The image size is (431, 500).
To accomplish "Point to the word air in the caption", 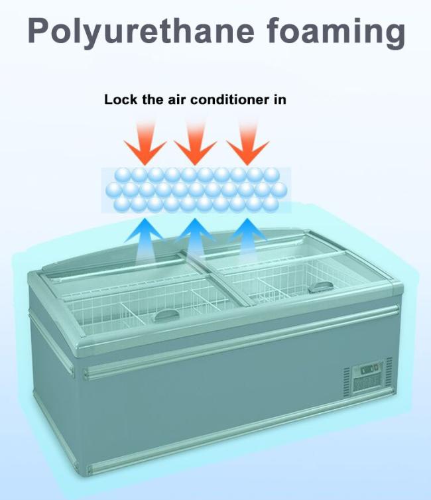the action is point(177,100).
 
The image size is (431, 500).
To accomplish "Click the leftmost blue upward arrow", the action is point(145,240).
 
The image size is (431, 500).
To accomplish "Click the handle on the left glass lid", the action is point(166,316).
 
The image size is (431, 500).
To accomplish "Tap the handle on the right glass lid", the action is point(319,286).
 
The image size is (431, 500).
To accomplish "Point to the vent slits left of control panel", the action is point(347,383).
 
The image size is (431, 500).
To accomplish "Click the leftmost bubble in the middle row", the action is point(114,190).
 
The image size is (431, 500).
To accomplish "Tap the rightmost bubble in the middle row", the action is point(279,190).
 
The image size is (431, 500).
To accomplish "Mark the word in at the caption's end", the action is point(280,99).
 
